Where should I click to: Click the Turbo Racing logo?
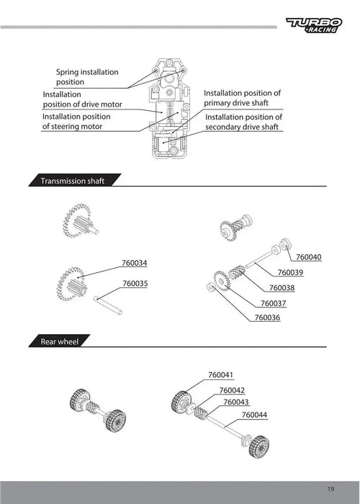pyautogui.click(x=314, y=25)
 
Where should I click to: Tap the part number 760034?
pyautogui.click(x=135, y=263)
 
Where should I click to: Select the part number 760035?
pyautogui.click(x=135, y=284)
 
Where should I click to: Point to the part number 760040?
pyautogui.click(x=309, y=257)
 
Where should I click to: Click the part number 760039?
pyautogui.click(x=290, y=273)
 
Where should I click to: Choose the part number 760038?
pyautogui.click(x=282, y=288)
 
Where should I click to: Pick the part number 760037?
pyautogui.click(x=273, y=303)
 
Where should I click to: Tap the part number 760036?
pyautogui.click(x=267, y=318)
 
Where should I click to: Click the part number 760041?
pyautogui.click(x=221, y=375)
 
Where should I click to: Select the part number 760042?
pyautogui.click(x=232, y=390)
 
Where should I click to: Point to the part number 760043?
pyautogui.click(x=236, y=402)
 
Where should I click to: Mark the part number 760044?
pyautogui.click(x=254, y=415)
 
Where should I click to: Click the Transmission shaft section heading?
pyautogui.click(x=72, y=181)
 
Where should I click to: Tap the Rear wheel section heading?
pyautogui.click(x=60, y=341)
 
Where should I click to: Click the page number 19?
pyautogui.click(x=331, y=489)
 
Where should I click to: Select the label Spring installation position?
pyautogui.click(x=87, y=77)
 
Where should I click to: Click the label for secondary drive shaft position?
pyautogui.click(x=243, y=122)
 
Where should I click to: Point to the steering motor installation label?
pyautogui.click(x=76, y=122)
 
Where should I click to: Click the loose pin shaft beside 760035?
pyautogui.click(x=108, y=305)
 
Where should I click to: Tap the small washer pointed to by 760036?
pyautogui.click(x=211, y=287)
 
